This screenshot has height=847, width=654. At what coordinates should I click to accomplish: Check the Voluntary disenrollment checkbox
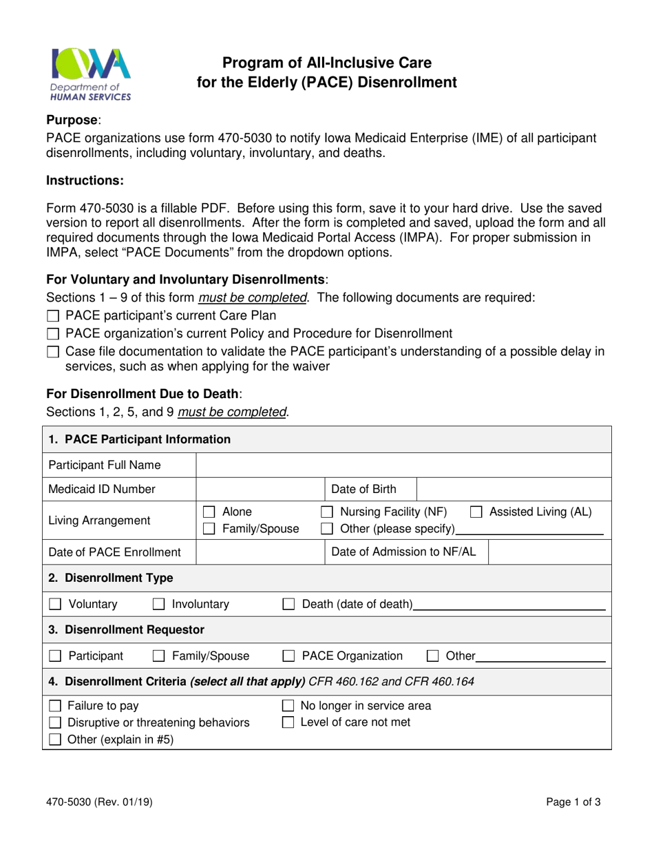[55, 605]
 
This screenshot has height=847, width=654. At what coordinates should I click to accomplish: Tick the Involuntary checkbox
[158, 605]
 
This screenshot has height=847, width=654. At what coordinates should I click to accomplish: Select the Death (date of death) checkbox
[289, 605]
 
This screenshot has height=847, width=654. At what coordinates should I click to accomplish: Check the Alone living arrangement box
[209, 512]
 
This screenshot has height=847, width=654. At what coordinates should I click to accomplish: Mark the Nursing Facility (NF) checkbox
[328, 512]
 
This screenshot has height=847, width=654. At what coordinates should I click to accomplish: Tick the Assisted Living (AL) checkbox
[476, 512]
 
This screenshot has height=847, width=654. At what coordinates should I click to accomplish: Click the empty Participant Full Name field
[403, 466]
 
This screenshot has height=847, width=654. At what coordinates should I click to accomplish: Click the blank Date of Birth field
[514, 490]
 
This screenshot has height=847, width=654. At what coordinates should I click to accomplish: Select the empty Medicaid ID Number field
[260, 490]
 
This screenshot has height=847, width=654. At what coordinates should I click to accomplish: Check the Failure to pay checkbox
[55, 706]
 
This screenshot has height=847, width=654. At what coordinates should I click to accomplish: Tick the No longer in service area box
[289, 706]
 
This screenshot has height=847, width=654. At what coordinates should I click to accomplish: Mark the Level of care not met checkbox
[289, 723]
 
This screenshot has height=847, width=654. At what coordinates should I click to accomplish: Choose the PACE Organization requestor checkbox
[289, 656]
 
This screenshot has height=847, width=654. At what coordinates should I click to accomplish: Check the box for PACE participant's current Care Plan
[54, 317]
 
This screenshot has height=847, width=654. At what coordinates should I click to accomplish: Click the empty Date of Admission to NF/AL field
[549, 552]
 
